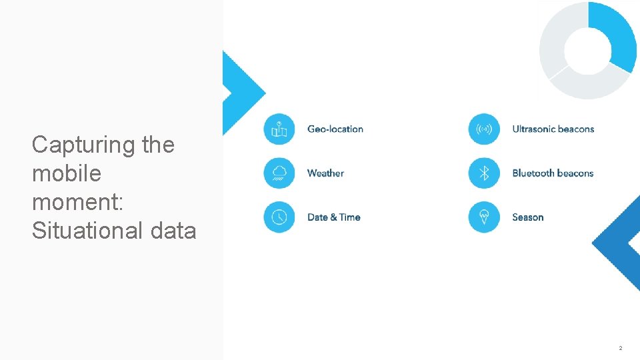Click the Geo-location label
pyautogui.click(x=335, y=129)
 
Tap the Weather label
pyautogui.click(x=325, y=173)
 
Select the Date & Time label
pyautogui.click(x=333, y=217)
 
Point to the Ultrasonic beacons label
pyautogui.click(x=553, y=129)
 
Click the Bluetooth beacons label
pyautogui.click(x=552, y=173)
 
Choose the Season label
pyautogui.click(x=527, y=217)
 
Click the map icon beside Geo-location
pyautogui.click(x=279, y=129)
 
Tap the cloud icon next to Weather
pyautogui.click(x=279, y=173)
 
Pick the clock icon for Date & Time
pyautogui.click(x=279, y=217)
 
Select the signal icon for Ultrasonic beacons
pyautogui.click(x=484, y=129)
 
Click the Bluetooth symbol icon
pyautogui.click(x=484, y=173)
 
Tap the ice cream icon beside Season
pyautogui.click(x=484, y=217)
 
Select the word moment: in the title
pyautogui.click(x=77, y=202)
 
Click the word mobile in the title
pyautogui.click(x=67, y=173)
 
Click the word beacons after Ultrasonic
pyautogui.click(x=573, y=129)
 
